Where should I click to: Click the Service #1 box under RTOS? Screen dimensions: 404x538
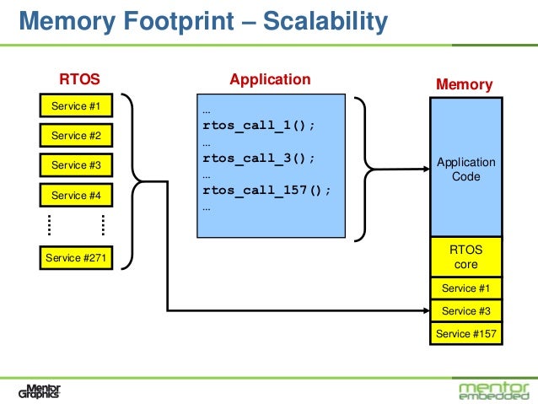tap(76, 105)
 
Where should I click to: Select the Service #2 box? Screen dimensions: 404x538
tap(76, 135)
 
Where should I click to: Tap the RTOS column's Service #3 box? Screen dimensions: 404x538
tap(76, 165)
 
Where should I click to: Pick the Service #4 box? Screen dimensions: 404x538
tap(76, 195)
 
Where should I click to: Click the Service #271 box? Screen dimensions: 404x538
tap(76, 258)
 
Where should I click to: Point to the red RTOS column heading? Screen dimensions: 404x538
tap(79, 80)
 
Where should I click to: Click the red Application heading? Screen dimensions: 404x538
tap(270, 79)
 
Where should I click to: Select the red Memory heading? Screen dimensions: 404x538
tap(464, 84)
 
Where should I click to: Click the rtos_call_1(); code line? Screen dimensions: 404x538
tap(259, 126)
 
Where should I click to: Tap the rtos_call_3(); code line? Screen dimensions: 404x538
tap(259, 158)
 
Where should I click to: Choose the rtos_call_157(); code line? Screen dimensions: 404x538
tap(266, 190)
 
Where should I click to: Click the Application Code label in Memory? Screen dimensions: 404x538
tap(466, 170)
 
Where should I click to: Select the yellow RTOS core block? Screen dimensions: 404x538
tap(466, 257)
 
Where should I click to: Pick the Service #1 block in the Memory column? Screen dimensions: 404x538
tap(466, 288)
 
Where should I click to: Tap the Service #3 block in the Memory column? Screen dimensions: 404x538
tap(466, 311)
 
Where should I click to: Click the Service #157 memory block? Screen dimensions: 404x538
tap(466, 334)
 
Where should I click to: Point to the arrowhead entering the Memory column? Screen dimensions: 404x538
tap(425, 311)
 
